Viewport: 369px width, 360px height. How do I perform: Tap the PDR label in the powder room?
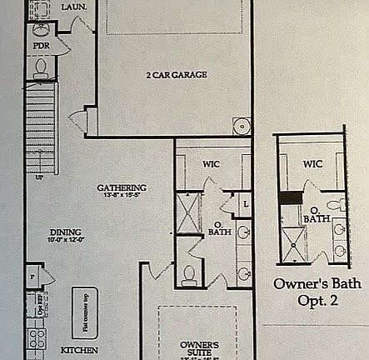coord(41,48)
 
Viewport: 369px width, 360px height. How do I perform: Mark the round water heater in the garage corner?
coord(242,127)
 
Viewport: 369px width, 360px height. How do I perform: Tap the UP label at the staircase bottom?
coord(39,177)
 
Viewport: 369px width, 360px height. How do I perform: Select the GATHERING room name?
coord(122,187)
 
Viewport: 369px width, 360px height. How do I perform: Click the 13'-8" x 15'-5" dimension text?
coord(122,197)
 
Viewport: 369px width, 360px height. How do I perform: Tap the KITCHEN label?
coord(80,350)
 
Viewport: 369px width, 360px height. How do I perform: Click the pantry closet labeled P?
coord(32,272)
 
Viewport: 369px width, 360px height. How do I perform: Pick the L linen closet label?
coord(245,203)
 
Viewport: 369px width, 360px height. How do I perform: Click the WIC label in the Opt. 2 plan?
coord(312,164)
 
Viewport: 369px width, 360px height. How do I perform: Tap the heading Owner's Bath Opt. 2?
coord(317,292)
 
